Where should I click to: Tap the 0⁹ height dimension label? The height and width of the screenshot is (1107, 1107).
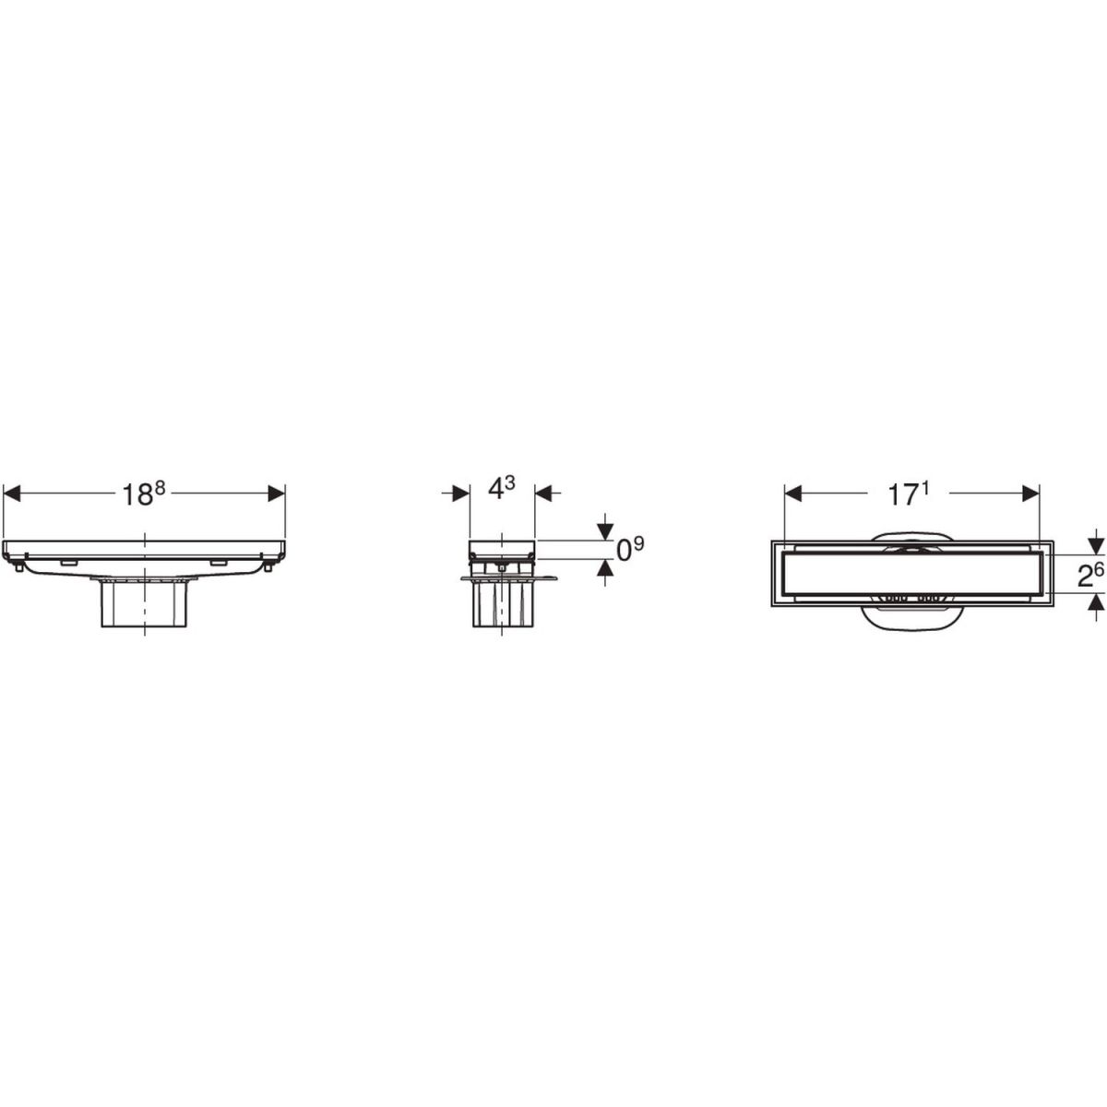coord(630,550)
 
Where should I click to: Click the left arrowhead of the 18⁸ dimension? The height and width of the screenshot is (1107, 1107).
coord(12,494)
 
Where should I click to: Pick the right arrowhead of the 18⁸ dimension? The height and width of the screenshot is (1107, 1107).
coord(277,494)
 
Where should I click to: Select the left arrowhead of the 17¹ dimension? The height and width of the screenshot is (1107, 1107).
coord(792,494)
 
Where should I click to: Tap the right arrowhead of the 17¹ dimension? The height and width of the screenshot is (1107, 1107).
coord(1030,494)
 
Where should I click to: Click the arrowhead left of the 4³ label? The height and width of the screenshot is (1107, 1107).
coord(461,494)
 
